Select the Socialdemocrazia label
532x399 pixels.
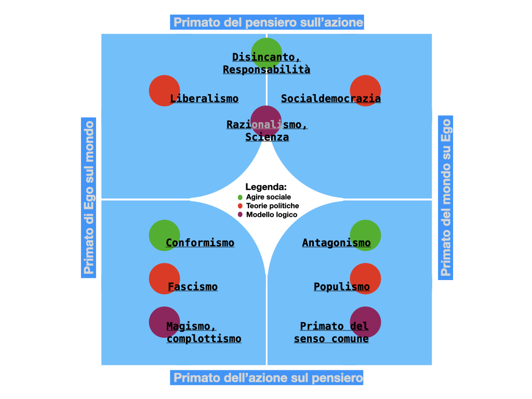pyautogui.click(x=331, y=99)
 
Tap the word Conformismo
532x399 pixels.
pyautogui.click(x=200, y=243)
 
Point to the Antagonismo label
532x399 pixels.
pyautogui.click(x=337, y=243)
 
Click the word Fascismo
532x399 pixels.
pyautogui.click(x=193, y=287)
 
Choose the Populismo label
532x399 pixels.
pyautogui.click(x=342, y=287)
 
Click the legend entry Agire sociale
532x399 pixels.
pyautogui.click(x=268, y=197)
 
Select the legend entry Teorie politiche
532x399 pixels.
pyautogui.click(x=272, y=206)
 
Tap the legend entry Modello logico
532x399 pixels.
pyautogui.click(x=271, y=215)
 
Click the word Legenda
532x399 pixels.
pyautogui.click(x=266, y=187)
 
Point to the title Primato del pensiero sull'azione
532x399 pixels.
pyautogui.click(x=267, y=22)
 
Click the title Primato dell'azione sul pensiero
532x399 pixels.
pyautogui.click(x=267, y=378)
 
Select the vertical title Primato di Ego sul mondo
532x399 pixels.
pyautogui.click(x=89, y=197)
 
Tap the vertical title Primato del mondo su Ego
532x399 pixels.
pyautogui.click(x=445, y=197)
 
